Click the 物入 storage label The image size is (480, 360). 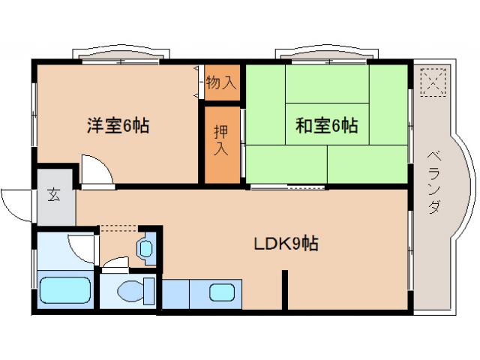220,83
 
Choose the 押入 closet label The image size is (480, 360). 220,141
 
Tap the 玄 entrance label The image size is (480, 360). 55,196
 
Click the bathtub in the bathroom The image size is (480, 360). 64,291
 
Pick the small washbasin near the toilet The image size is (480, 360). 145,247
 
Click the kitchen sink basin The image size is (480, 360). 220,292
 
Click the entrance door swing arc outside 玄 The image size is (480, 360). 16,201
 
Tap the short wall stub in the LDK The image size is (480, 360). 285,289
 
